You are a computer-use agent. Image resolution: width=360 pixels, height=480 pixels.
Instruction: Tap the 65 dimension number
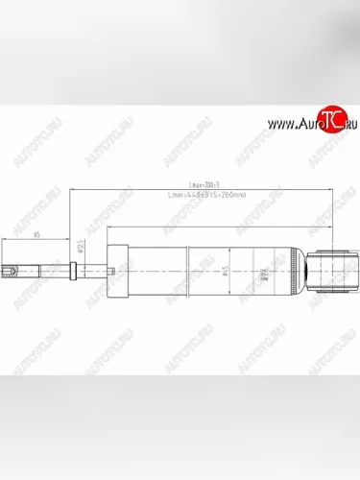pos(36,234)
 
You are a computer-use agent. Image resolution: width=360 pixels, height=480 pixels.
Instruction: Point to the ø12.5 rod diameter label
pos(79,251)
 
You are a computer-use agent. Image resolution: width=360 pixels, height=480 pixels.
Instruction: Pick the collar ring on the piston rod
pos(69,273)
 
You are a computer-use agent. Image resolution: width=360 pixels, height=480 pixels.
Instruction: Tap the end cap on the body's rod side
pos(123,273)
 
